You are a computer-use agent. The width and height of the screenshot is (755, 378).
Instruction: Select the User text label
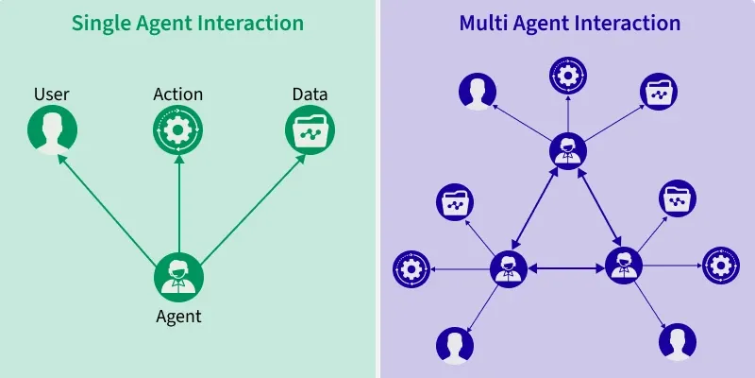51,94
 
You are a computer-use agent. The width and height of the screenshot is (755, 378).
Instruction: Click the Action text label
178,94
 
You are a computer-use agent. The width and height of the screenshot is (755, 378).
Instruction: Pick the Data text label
310,94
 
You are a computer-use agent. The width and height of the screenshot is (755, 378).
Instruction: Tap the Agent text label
178,316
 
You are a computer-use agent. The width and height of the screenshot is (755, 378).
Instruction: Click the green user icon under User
51,129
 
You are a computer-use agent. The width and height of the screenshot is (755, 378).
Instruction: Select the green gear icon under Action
178,129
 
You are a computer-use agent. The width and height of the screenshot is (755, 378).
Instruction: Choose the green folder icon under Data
310,129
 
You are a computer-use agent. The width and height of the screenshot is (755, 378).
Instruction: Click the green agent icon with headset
178,277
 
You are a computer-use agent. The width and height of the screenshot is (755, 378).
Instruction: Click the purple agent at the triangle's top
567,149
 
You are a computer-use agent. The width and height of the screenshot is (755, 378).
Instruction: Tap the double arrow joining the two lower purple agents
566,268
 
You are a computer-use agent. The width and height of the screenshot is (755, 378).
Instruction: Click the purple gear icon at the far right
720,266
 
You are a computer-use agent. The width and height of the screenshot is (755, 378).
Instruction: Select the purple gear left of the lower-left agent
411,269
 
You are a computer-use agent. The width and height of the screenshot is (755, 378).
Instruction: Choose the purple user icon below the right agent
676,341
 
